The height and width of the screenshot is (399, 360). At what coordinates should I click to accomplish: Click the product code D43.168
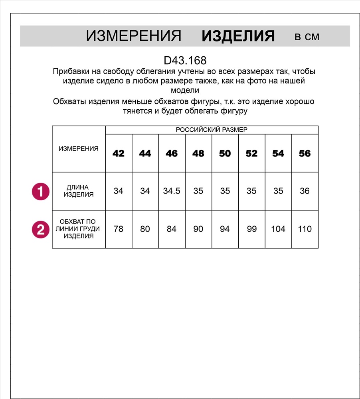pos(185,61)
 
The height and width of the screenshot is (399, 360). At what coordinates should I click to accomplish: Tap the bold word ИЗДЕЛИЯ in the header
pos(238,36)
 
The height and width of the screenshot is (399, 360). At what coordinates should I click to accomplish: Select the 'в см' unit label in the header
pos(307,37)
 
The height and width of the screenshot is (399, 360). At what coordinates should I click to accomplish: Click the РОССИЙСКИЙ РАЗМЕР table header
pos(212,130)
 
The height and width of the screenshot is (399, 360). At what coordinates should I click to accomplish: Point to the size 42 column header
pos(119,154)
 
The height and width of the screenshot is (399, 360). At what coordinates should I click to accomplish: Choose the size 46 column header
pos(172,154)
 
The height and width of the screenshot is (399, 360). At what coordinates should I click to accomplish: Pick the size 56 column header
pos(305,154)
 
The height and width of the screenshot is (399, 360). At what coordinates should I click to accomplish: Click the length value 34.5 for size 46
pos(172,191)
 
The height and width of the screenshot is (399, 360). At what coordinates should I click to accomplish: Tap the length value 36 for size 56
pos(305,191)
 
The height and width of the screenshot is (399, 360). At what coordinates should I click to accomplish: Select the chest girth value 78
pos(119,229)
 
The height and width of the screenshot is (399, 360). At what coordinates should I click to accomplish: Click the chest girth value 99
pos(251,229)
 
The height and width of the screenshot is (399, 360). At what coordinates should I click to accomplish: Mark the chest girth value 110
pos(305,229)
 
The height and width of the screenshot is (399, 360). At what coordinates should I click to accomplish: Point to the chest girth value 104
pos(278,229)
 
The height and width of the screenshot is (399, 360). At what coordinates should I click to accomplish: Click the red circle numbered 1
pos(40,192)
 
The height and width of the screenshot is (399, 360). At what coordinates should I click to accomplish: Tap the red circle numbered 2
pos(40,229)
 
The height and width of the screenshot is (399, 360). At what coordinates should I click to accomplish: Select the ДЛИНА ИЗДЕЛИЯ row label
pos(79,191)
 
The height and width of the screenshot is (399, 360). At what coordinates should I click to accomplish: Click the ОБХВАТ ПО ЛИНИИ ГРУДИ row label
pos(79,229)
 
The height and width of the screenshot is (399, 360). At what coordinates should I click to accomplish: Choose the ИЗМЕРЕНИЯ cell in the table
pos(79,149)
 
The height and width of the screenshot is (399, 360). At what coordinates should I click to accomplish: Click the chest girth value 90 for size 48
pos(198,229)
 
